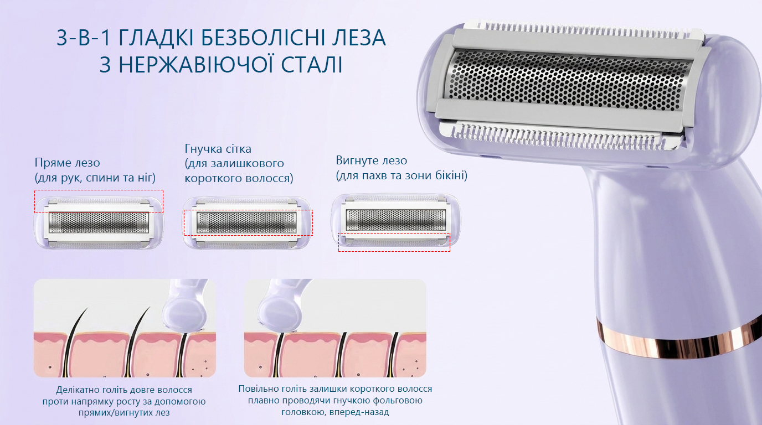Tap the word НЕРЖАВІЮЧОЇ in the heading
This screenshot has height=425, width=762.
tap(197, 65)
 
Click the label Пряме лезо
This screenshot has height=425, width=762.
tap(68, 163)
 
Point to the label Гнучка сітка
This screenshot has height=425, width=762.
tap(218, 148)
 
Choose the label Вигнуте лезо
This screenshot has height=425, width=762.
tap(372, 160)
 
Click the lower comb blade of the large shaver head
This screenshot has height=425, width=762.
tap(554, 136)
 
